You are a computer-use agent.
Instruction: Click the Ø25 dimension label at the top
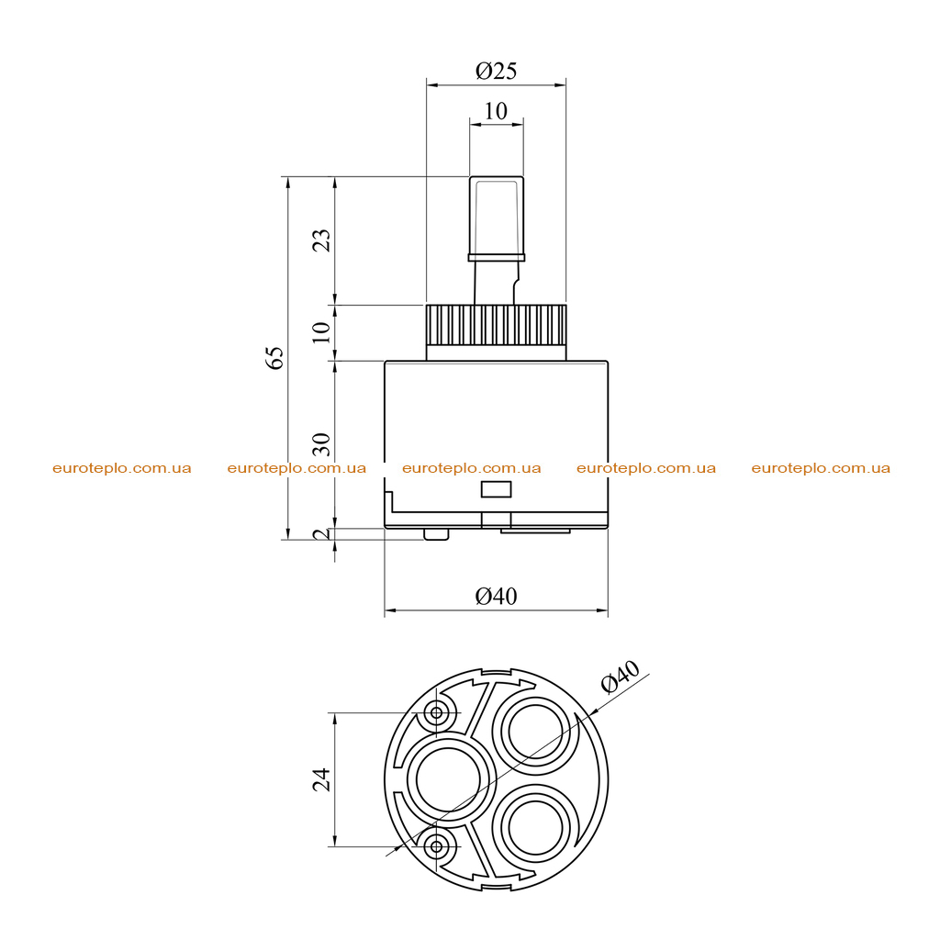[x=496, y=71]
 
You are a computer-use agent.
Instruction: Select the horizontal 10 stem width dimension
[x=496, y=111]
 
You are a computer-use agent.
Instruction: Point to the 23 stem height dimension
[x=322, y=240]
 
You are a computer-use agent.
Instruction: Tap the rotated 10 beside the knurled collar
[x=322, y=331]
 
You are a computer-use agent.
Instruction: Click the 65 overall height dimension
[x=275, y=357]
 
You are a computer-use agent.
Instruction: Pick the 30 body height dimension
[x=322, y=443]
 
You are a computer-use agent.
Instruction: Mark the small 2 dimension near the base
[x=322, y=534]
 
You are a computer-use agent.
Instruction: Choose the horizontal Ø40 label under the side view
[x=496, y=596]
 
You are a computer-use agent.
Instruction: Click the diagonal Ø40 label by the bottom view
[x=621, y=677]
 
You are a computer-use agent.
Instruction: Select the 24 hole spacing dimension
[x=322, y=779]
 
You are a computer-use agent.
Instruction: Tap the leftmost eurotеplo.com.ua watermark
[x=122, y=468]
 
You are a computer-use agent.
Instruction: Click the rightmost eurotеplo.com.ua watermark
[x=821, y=468]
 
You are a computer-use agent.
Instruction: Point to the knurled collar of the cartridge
[x=496, y=325]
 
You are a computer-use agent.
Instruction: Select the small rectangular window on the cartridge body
[x=497, y=489]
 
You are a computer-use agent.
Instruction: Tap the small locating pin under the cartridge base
[x=436, y=534]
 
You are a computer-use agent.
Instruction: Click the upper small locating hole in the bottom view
[x=436, y=712]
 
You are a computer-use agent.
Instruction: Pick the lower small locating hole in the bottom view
[x=436, y=846]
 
